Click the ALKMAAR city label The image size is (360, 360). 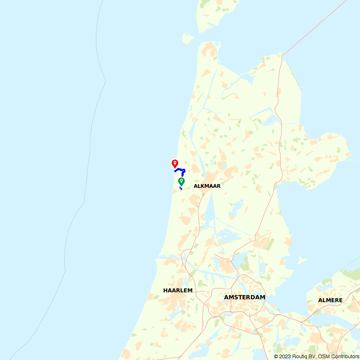point(207,186)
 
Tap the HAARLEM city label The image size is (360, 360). point(178,290)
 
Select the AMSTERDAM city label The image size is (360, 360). point(244,297)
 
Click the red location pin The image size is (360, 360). point(175,164)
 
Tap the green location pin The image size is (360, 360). point(181,182)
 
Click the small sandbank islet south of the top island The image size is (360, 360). point(188,38)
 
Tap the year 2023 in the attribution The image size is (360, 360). point(285,356)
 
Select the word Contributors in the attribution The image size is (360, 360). point(345,356)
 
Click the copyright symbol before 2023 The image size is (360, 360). point(276,356)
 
